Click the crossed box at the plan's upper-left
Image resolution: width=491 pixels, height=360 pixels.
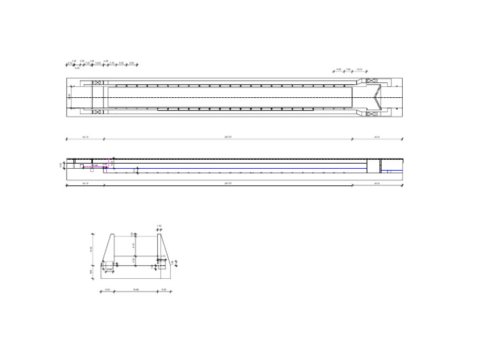[x=97, y=83]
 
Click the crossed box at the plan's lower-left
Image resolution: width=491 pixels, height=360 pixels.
[x=97, y=112]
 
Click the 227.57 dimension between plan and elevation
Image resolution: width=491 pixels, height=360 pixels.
[x=228, y=137]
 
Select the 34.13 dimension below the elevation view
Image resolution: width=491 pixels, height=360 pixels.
[x=85, y=184]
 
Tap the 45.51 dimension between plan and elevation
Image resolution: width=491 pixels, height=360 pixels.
[x=377, y=137]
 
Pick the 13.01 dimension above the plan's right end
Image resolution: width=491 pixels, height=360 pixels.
[x=359, y=69]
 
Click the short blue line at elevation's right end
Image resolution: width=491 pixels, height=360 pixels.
[x=393, y=171]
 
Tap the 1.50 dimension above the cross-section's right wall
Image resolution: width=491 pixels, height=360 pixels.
[x=159, y=226]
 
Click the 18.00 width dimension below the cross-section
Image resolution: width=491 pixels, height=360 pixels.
[x=136, y=290]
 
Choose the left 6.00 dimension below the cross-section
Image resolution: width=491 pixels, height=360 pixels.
[x=107, y=290]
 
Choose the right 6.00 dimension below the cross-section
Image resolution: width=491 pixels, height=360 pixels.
[x=164, y=290]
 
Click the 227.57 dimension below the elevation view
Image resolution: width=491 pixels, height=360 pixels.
[x=228, y=184]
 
